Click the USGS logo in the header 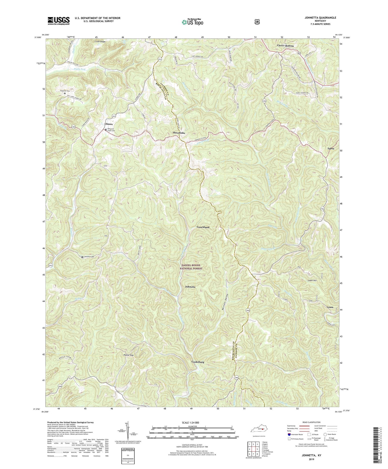(x=58, y=21)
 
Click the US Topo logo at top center (x=192, y=22)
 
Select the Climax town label (x=109, y=124)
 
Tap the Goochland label (x=203, y=227)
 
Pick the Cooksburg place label (x=198, y=362)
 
